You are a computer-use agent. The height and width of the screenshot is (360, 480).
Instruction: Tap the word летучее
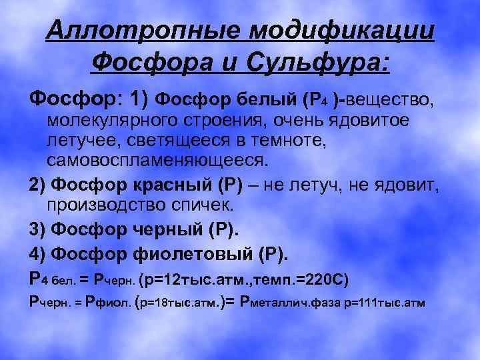(79, 141)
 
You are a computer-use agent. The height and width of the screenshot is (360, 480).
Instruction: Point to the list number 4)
(37, 253)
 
